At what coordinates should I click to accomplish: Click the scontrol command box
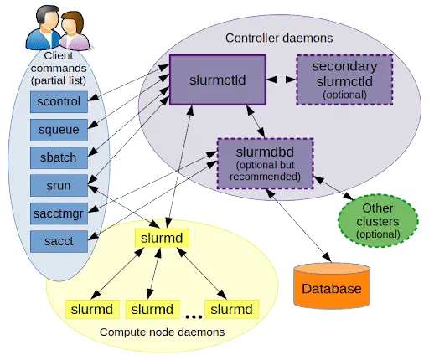[59, 102]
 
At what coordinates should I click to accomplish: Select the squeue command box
[59, 130]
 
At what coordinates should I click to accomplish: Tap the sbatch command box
[59, 157]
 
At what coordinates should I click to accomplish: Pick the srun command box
[59, 186]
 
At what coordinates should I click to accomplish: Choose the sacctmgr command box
[59, 213]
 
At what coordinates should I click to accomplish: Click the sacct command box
[59, 241]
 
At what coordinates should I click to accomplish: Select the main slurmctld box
[218, 80]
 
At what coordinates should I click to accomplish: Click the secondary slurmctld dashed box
[344, 80]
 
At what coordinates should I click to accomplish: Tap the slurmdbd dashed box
[265, 163]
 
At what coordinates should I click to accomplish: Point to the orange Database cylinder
[332, 285]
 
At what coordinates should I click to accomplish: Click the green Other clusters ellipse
[378, 221]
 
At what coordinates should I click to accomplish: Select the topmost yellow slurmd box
[162, 238]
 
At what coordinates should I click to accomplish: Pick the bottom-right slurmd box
[232, 309]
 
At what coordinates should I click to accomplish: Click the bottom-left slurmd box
[92, 309]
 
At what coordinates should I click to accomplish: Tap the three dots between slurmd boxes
[194, 316]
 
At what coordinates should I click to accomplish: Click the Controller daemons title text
[279, 39]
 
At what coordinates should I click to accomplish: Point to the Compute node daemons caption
[162, 332]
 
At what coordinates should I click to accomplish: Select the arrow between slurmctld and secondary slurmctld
[281, 80]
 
